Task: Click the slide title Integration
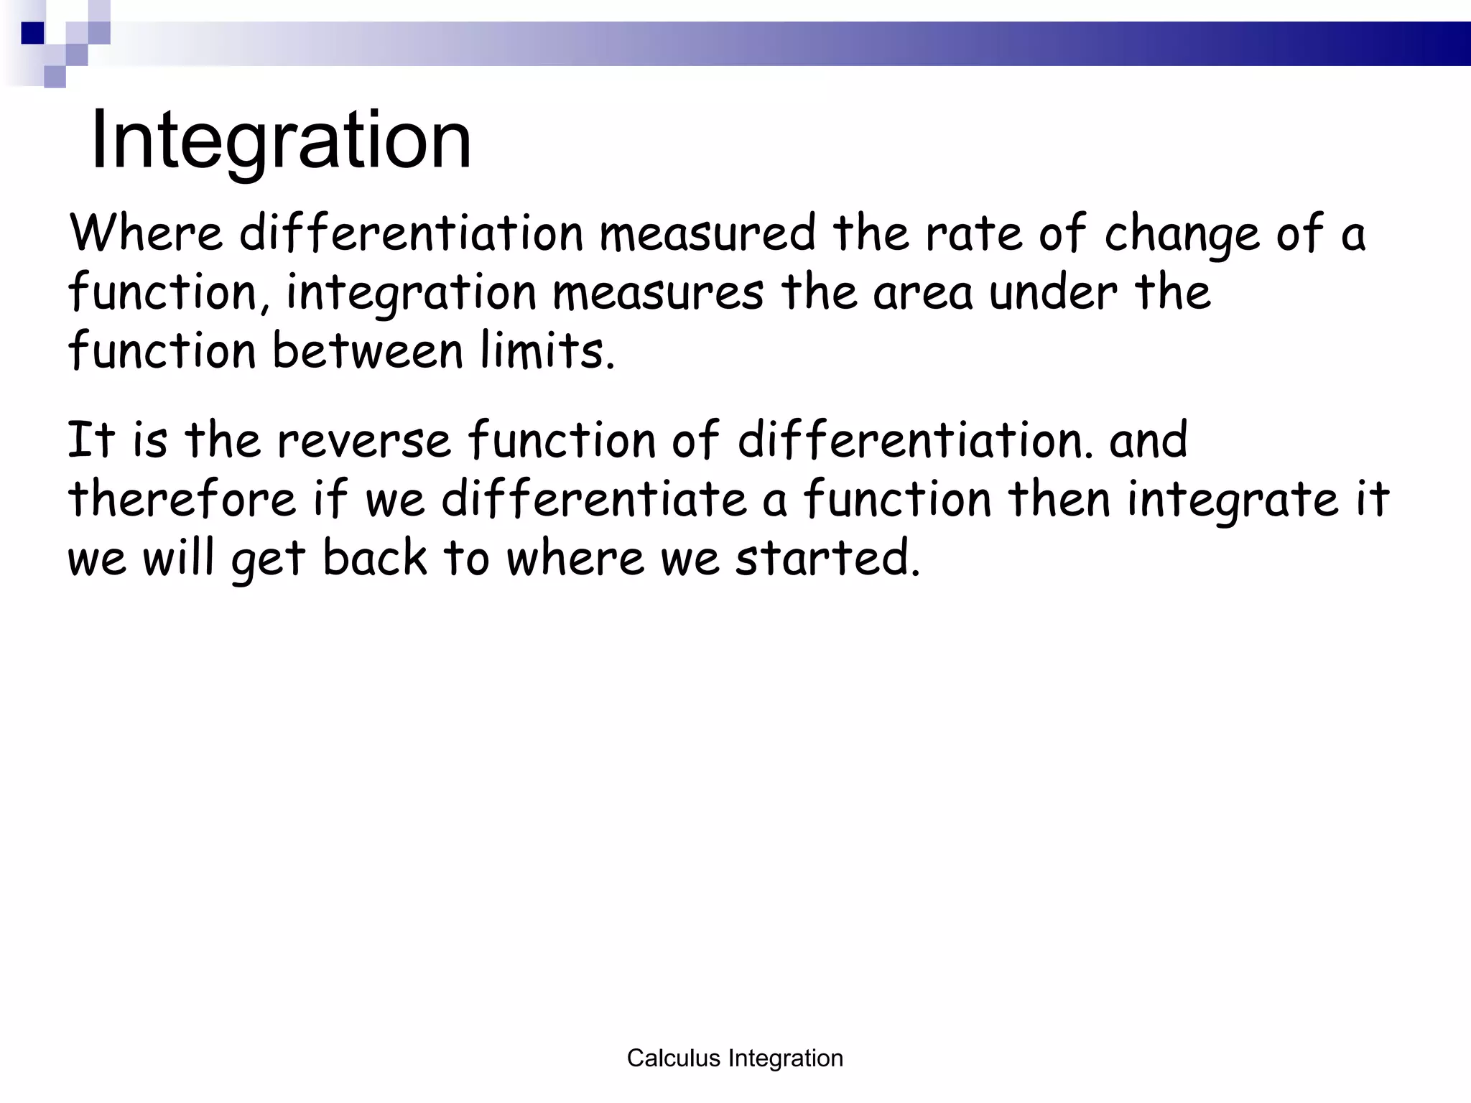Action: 281,140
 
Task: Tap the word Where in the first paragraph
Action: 146,233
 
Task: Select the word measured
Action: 707,233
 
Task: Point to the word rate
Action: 973,233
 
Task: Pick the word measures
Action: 658,293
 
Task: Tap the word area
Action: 922,294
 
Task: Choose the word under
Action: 1053,293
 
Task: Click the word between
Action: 368,352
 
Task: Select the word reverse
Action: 364,441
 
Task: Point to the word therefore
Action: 182,500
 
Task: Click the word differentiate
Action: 594,500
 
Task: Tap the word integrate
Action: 1233,501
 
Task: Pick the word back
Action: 374,559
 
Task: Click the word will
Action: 179,559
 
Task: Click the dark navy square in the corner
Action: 32,33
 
